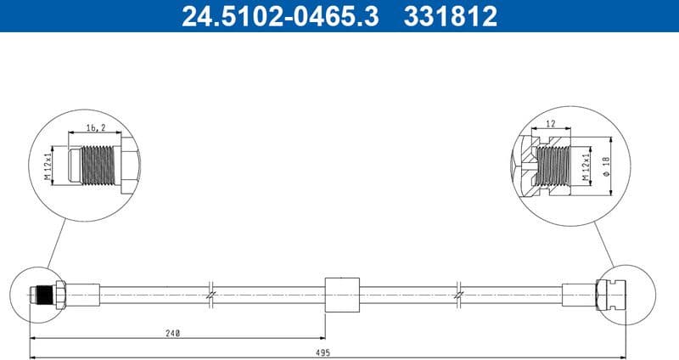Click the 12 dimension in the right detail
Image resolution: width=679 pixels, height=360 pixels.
point(551,125)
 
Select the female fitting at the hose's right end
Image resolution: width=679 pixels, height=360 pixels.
point(613,294)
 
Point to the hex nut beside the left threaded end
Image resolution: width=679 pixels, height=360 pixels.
point(59,294)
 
